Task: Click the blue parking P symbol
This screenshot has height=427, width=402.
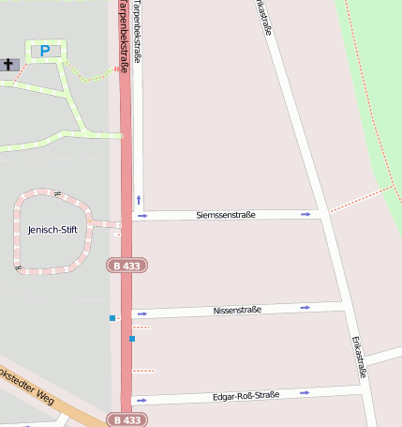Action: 45,51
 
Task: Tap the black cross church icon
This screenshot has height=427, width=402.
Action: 9,65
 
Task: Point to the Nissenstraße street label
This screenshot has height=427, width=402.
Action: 237,310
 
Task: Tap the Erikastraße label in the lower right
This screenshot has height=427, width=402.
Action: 357,357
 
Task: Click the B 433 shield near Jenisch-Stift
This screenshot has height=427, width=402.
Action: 127,266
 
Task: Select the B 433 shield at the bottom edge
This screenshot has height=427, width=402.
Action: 127,420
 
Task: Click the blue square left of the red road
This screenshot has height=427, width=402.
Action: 112,318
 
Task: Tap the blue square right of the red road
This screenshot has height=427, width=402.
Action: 132,338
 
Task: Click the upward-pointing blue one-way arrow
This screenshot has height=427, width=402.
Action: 139,199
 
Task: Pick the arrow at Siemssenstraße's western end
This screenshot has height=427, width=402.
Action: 142,216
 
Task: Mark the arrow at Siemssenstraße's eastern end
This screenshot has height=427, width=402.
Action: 305,215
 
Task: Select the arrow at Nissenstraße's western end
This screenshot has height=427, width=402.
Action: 142,313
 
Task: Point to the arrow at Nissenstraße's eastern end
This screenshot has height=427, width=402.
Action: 305,307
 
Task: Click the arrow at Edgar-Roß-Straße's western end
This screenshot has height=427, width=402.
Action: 142,400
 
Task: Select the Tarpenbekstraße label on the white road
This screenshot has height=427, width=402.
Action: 138,33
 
